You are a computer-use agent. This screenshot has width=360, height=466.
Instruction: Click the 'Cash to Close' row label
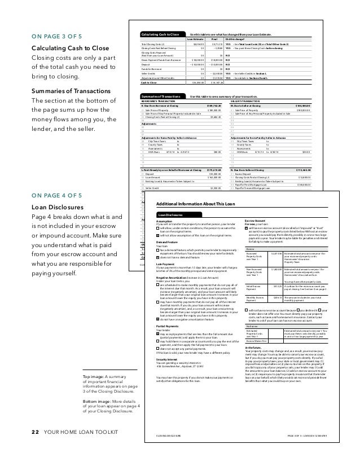click(148, 82)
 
